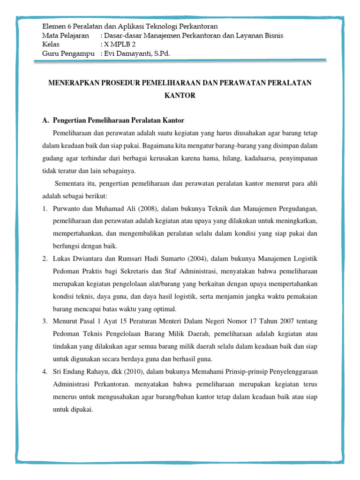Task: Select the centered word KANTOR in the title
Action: point(180,96)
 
